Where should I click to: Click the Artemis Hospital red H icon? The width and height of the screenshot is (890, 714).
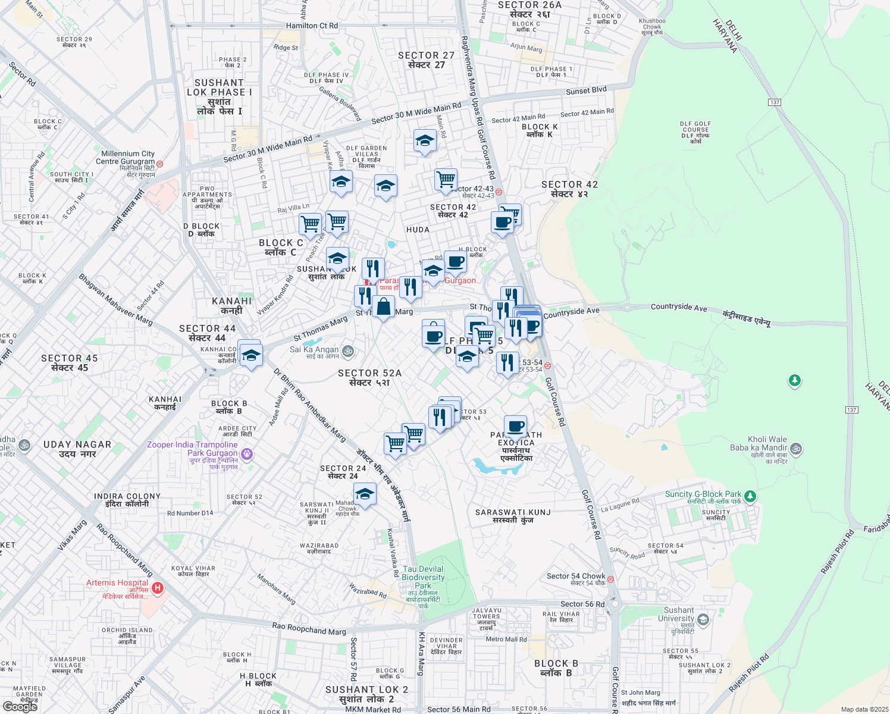[x=158, y=588]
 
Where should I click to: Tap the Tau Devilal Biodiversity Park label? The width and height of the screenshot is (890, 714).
[x=423, y=577]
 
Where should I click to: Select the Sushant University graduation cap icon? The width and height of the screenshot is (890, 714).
[x=703, y=621]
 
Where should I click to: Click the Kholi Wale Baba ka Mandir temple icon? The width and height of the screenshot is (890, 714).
[x=797, y=448]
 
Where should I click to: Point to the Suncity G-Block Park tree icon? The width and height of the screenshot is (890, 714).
[x=750, y=495]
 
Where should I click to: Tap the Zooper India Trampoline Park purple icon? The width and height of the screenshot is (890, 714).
[x=247, y=455]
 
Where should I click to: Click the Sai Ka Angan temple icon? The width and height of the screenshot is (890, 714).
[x=348, y=351]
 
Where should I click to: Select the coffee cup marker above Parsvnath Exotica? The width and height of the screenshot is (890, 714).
[x=516, y=426]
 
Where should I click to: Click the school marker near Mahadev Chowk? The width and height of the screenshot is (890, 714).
[x=365, y=494]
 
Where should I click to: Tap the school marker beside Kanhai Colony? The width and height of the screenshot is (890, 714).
[x=250, y=355]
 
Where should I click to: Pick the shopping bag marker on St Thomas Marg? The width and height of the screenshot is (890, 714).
[x=384, y=307]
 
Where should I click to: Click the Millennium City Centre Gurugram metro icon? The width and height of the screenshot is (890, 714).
[x=159, y=163]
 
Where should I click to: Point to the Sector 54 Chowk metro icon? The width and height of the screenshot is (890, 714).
[x=610, y=579]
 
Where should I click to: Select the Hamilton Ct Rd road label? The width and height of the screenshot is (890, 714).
[x=312, y=26]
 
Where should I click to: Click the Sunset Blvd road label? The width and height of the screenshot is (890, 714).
[x=586, y=90]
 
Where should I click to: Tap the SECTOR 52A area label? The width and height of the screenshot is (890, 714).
[x=369, y=373]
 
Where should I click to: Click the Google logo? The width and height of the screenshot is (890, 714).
[x=20, y=706]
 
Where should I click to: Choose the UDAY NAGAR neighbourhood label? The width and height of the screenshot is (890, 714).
[x=77, y=444]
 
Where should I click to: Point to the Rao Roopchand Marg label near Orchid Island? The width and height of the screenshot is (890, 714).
[x=309, y=629]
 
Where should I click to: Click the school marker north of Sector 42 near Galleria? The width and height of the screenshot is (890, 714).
[x=425, y=141]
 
